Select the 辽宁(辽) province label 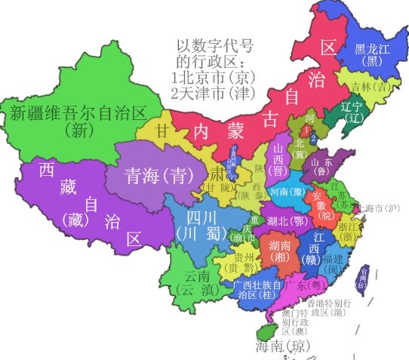pyautogui.click(x=352, y=112)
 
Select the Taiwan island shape pyautogui.click(x=361, y=280)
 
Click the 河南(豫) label pyautogui.click(x=286, y=192)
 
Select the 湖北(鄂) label pyautogui.click(x=287, y=220)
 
